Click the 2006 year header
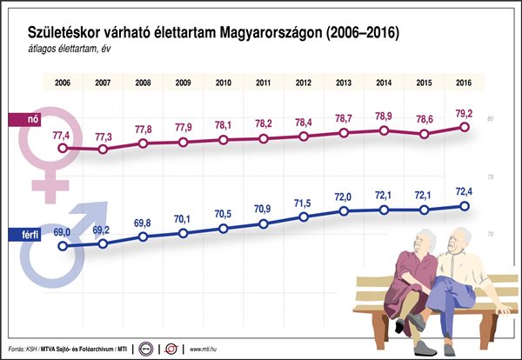tap(63, 83)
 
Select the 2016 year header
tap(464, 83)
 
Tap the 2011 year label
tap(263, 83)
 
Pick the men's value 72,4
tap(464, 190)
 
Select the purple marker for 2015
tap(424, 134)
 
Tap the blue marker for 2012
tap(304, 217)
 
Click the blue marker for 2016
tap(464, 206)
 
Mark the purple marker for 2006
tap(63, 149)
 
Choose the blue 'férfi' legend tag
tap(19, 234)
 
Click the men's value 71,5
tap(304, 203)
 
